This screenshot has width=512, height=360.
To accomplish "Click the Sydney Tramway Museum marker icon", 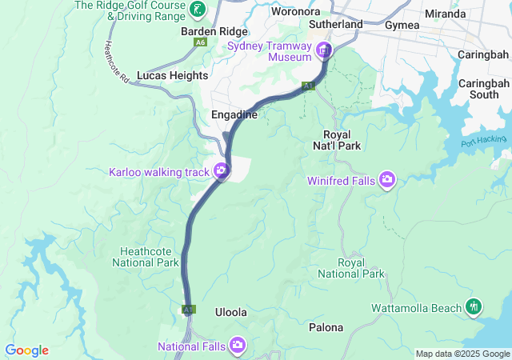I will click(325, 52).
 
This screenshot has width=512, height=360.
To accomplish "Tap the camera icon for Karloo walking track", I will click(220, 170).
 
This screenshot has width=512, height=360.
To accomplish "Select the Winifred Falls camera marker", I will click(387, 180).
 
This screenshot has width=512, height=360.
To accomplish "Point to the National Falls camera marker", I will click(238, 346).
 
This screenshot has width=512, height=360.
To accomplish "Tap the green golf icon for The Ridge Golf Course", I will click(198, 11).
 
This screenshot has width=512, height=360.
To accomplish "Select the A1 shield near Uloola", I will click(188, 309).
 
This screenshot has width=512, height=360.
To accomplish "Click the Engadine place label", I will click(234, 114).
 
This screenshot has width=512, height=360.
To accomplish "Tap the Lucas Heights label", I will click(172, 75).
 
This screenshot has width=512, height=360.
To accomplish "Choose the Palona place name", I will click(326, 327).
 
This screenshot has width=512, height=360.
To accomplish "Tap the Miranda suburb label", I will click(446, 14).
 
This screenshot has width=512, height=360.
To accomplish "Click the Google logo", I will click(26, 350).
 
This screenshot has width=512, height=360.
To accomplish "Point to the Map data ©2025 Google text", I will click(462, 354).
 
